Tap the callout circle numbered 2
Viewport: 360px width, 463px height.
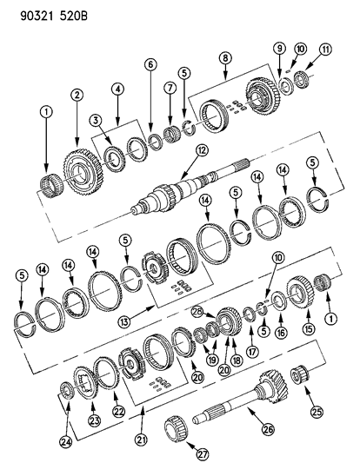coord(77,95)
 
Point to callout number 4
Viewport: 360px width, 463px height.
coord(118,89)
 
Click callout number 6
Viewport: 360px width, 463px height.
coord(150,63)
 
